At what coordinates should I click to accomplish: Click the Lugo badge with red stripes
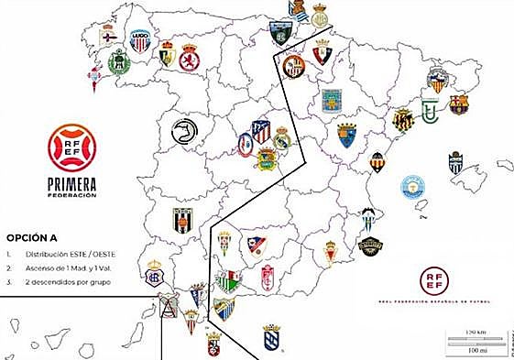point(139,40)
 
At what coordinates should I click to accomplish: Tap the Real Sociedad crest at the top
point(298,11)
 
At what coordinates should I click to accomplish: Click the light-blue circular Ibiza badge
point(414,188)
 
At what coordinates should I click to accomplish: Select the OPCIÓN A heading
point(33,234)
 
